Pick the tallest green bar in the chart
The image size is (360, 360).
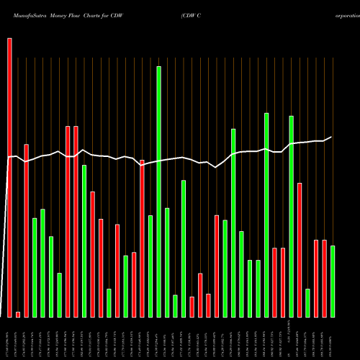click(158, 192)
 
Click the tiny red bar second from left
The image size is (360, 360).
click(18, 314)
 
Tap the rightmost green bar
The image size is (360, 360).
click(333, 281)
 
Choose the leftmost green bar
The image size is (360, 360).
click(35, 267)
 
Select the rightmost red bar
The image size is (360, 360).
click(324, 278)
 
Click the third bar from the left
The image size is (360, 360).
click(27, 230)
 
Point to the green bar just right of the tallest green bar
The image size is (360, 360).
click(167, 262)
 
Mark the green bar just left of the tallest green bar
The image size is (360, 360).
click(150, 266)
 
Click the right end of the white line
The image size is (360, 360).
click(331, 137)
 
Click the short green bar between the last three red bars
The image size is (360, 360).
click(307, 302)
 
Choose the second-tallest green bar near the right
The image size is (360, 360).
click(266, 215)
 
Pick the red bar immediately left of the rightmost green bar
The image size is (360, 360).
click(324, 278)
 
